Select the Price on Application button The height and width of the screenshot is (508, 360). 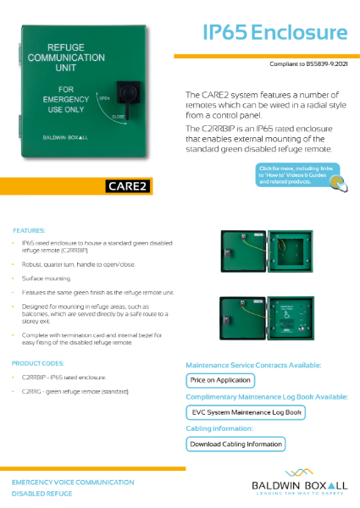221,380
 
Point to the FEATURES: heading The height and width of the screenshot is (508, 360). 30,229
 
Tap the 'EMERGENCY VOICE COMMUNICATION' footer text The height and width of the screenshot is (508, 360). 72,481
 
